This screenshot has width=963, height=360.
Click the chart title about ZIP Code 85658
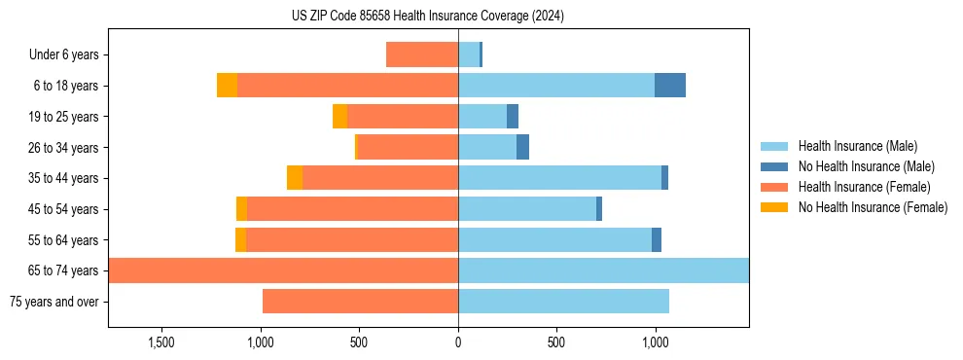(x=427, y=17)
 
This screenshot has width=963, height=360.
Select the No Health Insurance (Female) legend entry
(x=873, y=207)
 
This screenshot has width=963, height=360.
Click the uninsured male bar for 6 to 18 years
(x=669, y=86)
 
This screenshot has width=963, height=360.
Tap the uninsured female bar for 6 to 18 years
(x=227, y=86)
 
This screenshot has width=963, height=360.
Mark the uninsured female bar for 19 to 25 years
(x=339, y=117)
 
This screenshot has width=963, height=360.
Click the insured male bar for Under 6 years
(x=469, y=54)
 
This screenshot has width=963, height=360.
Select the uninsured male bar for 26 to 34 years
(x=522, y=148)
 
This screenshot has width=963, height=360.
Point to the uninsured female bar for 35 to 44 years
(x=295, y=178)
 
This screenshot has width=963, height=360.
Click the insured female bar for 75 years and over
(x=360, y=302)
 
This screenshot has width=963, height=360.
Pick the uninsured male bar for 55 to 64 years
(x=657, y=240)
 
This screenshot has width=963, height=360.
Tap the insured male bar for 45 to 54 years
(x=527, y=209)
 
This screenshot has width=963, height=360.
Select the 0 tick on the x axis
(x=458, y=342)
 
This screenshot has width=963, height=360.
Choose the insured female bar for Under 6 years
(x=422, y=54)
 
